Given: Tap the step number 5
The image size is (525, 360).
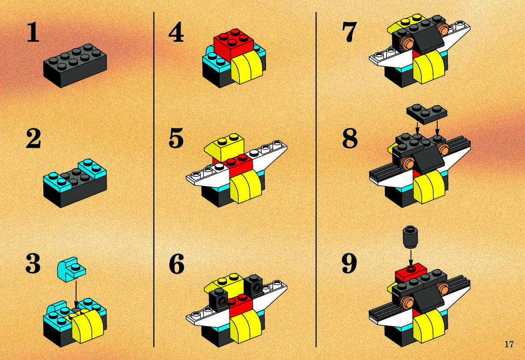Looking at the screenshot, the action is tap(176, 138).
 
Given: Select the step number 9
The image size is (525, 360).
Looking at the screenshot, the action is tap(349, 263).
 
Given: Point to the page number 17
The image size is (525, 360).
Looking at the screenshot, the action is tap(509, 344).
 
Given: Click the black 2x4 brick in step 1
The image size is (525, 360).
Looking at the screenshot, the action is tap(75, 65).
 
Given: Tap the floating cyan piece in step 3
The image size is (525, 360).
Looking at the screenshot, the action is tap(71, 269).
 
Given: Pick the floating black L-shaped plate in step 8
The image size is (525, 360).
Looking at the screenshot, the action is tap(426, 113).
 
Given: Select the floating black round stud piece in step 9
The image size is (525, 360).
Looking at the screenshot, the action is tap(410, 237).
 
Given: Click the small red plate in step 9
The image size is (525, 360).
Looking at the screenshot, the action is tap(411, 272).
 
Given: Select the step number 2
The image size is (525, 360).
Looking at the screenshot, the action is tap(34, 138).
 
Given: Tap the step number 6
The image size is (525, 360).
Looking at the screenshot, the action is tap(176, 263).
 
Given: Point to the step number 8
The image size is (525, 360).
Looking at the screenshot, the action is tap(350, 138).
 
